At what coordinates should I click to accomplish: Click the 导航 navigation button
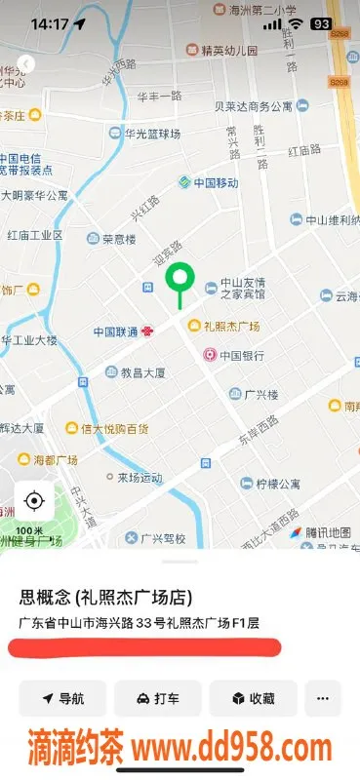coord(62,698)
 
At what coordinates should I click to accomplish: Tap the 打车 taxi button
coord(157,698)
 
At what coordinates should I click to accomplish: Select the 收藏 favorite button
coord(252,698)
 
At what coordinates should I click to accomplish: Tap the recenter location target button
coord(34,501)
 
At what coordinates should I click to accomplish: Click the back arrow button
coord(26,63)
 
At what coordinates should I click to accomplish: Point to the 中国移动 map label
coord(208,182)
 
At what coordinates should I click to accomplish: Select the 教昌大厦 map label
coord(140,372)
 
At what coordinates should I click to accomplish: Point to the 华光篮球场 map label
coord(152,133)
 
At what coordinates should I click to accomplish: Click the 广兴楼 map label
coord(260,394)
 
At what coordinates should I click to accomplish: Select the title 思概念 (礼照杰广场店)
coord(105,597)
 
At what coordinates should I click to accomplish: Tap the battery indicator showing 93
coord(320,23)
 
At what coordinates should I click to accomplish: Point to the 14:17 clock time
coord(49,23)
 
